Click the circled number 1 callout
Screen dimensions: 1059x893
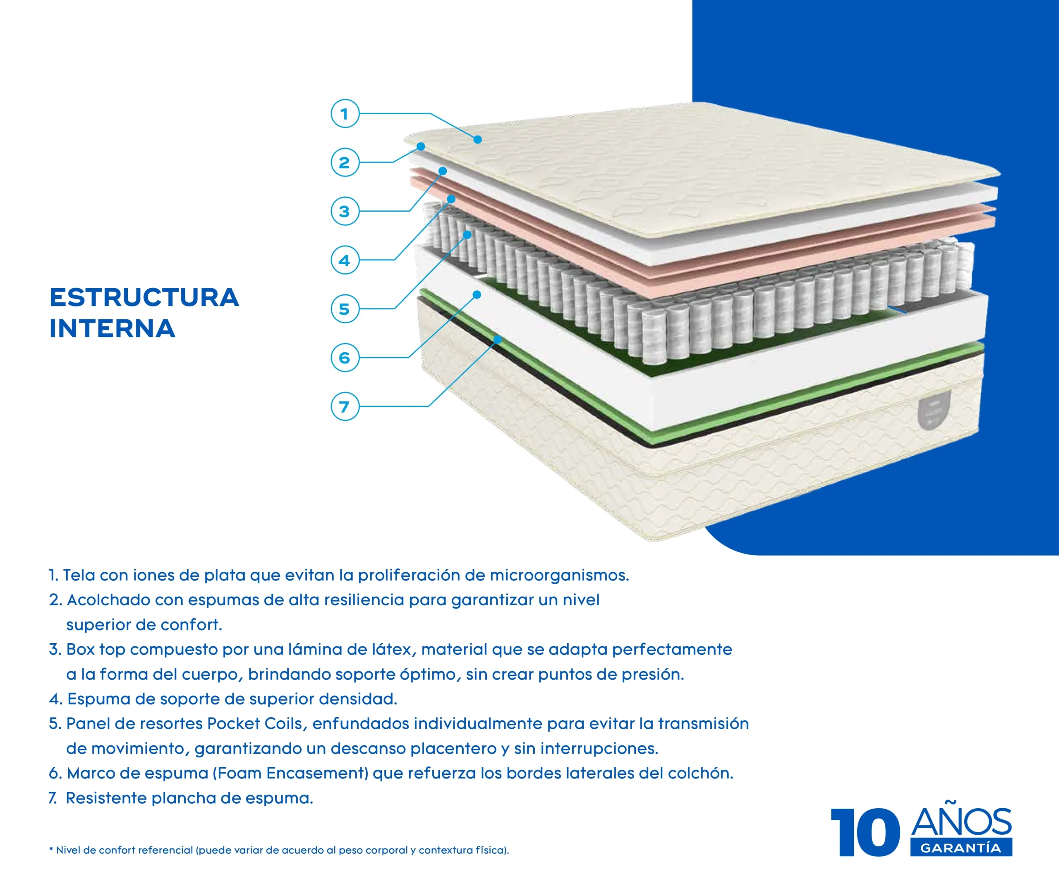click(x=345, y=113)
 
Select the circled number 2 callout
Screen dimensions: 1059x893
click(x=345, y=162)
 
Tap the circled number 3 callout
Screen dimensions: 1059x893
click(x=345, y=211)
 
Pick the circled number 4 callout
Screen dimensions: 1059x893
click(x=345, y=260)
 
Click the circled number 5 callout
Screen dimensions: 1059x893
click(x=345, y=308)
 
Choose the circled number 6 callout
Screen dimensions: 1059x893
click(x=345, y=357)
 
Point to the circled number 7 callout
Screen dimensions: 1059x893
click(x=345, y=406)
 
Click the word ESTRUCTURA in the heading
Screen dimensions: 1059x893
click(x=144, y=297)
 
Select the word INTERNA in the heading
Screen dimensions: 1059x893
click(x=112, y=329)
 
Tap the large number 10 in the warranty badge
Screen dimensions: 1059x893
click(x=865, y=832)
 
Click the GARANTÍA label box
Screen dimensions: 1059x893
click(x=961, y=848)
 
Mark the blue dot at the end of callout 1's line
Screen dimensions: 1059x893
click(x=478, y=139)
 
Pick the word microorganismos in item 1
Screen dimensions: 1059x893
click(x=559, y=575)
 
